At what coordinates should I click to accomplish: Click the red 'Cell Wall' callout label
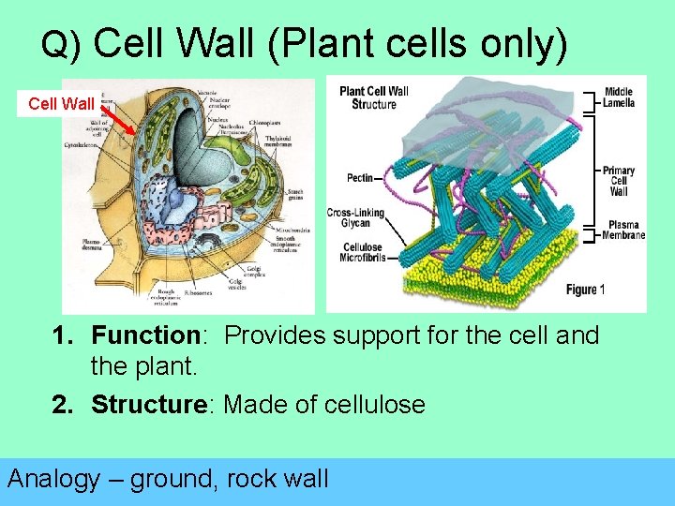click(x=61, y=103)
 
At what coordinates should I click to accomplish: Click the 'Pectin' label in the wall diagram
click(x=358, y=177)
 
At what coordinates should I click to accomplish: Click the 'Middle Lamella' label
click(x=619, y=97)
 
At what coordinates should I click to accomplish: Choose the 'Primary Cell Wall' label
click(x=619, y=181)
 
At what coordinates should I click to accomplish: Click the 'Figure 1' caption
click(x=586, y=290)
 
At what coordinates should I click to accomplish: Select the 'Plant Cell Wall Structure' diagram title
click(x=373, y=97)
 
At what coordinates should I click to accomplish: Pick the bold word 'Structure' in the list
click(x=154, y=405)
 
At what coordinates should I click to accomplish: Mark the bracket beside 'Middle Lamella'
click(x=590, y=97)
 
